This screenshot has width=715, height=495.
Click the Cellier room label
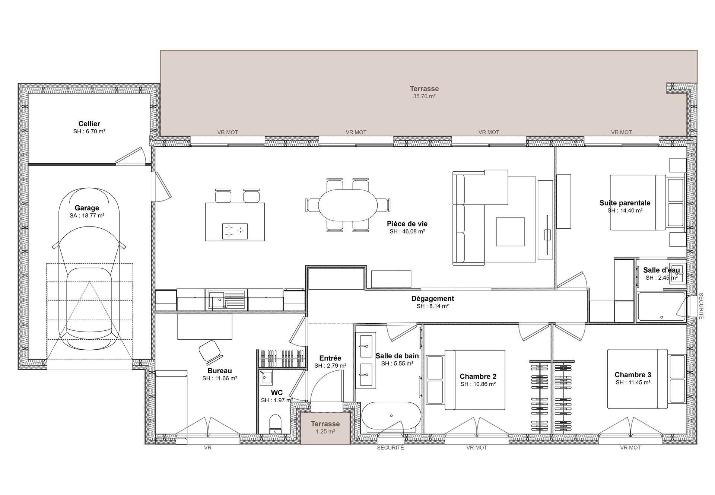[x=89, y=124]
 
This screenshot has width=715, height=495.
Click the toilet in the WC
[x=276, y=424]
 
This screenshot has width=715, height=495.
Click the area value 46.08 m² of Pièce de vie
[x=407, y=231]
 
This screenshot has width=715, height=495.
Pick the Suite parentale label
[x=625, y=203]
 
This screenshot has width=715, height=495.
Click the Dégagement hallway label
[x=432, y=299]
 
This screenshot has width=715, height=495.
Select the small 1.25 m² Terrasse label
[x=325, y=424]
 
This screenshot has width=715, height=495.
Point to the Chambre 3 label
[x=633, y=375]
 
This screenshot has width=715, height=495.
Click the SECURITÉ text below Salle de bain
[x=390, y=448]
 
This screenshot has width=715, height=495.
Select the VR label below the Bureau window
[x=207, y=448]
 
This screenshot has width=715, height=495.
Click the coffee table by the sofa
[x=510, y=232]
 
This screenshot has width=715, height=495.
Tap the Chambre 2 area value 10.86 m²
[x=478, y=384]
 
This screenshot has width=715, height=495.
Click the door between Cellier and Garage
[x=130, y=156]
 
